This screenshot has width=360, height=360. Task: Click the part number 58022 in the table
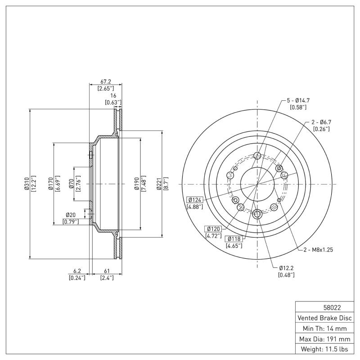pyautogui.click(x=325, y=308)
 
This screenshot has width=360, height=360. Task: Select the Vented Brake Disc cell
pyautogui.click(x=325, y=318)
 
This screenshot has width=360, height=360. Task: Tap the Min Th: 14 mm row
pyautogui.click(x=325, y=328)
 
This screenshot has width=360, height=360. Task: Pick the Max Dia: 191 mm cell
pyautogui.click(x=325, y=338)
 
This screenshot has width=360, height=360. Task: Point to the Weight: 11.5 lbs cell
pyautogui.click(x=325, y=349)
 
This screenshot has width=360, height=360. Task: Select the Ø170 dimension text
pyautogui.click(x=51, y=184)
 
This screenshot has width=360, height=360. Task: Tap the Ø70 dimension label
pyautogui.click(x=71, y=184)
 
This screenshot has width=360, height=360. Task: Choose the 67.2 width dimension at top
pyautogui.click(x=106, y=81)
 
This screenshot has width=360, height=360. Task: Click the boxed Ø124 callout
pyautogui.click(x=194, y=199)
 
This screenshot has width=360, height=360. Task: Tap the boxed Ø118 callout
pyautogui.click(x=235, y=238)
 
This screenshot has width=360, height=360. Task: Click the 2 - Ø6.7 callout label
pyautogui.click(x=321, y=122)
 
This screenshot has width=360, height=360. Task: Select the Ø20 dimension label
pyautogui.click(x=71, y=215)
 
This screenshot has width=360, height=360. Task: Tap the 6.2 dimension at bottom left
pyautogui.click(x=77, y=271)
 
